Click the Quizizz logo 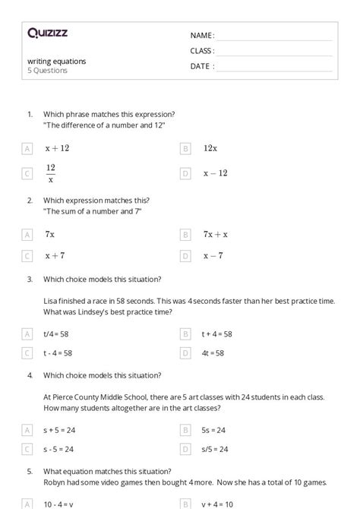click(46, 33)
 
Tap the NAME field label click(202, 36)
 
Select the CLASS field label click(202, 51)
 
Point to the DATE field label click(201, 66)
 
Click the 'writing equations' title click(57, 61)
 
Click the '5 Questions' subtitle click(48, 71)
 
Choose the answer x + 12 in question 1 click(57, 149)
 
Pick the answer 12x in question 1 click(210, 149)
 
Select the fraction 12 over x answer click(50, 173)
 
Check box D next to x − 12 click(185, 174)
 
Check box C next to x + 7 click(27, 257)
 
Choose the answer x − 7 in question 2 click(213, 257)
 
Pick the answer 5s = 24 click(214, 430)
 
